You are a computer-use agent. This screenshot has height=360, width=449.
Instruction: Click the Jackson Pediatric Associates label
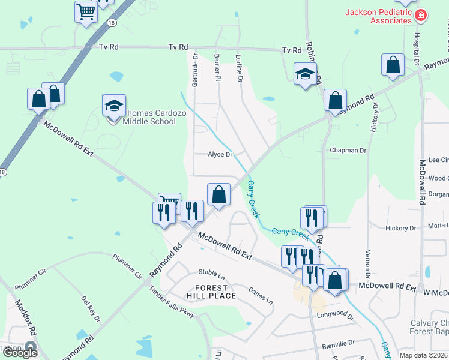(378, 16)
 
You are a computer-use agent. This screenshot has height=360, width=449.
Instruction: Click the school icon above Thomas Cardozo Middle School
(113, 106)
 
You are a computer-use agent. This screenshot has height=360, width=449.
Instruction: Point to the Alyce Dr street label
(220, 154)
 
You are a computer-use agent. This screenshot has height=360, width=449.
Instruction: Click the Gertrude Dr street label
(195, 68)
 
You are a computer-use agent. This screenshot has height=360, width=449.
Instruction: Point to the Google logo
(20, 352)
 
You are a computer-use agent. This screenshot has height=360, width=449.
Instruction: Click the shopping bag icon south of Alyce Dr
(219, 194)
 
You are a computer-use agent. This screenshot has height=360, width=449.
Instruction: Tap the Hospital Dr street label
(415, 45)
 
